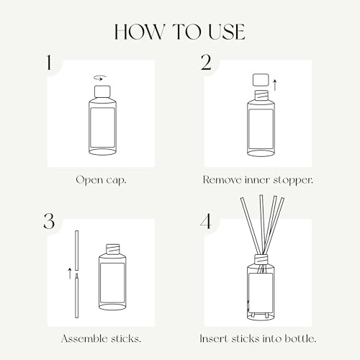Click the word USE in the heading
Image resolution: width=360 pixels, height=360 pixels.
pos(227,32)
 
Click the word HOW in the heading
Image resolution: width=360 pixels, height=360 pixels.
pos(140,32)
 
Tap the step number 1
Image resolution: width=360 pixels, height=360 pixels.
pos(49,63)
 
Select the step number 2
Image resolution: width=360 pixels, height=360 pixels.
pos(206,63)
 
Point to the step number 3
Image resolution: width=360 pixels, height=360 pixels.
pos(49,221)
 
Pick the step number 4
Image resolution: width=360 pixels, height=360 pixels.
pos(206,221)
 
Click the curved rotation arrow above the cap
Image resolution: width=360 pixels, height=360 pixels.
pos(100,78)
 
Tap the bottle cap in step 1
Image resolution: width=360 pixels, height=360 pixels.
pos(102,91)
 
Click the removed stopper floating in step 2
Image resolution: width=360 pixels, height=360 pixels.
pos(261,80)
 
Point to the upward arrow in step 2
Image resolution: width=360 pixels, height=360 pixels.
pos(275,86)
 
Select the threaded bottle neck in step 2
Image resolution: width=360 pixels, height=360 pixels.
pos(261,94)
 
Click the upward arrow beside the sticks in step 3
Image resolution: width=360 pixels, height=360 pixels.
pos(70,273)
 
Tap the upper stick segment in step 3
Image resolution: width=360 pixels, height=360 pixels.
pos(77,251)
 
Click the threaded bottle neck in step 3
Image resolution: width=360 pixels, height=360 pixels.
pos(112,249)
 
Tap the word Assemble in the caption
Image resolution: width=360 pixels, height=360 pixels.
pos(81,338)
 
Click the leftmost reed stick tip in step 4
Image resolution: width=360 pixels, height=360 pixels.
pos(242,198)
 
